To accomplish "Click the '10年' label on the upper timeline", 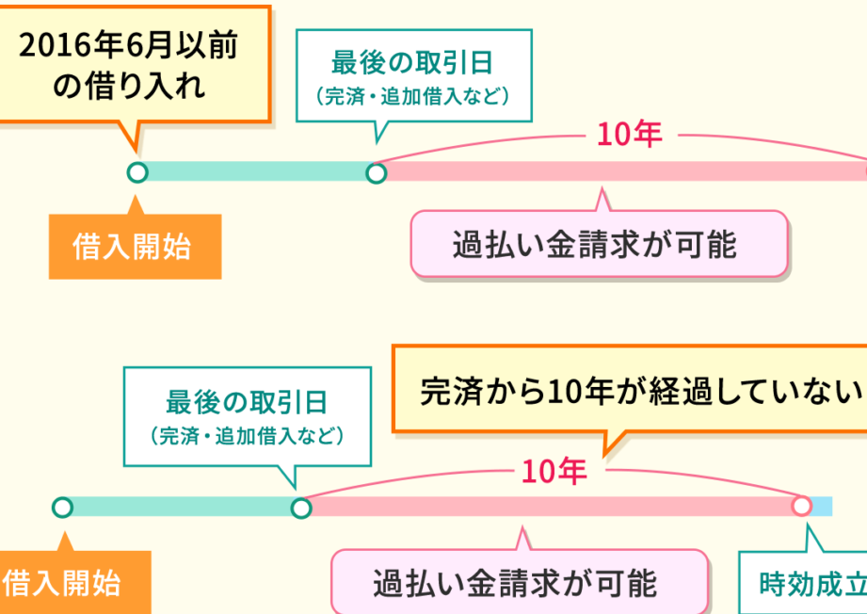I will [x=629, y=135].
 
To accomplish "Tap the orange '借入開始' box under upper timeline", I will [x=135, y=247].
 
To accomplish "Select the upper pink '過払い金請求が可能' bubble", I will [x=598, y=244].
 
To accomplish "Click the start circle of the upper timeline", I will [x=137, y=172].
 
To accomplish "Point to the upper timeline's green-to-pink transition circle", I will [x=377, y=172].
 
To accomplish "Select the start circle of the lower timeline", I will [x=62, y=508].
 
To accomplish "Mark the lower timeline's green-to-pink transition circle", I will [x=301, y=508].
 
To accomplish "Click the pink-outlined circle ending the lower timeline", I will [x=801, y=507].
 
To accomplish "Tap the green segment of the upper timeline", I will [x=256, y=172].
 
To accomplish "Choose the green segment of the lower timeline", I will [x=181, y=508].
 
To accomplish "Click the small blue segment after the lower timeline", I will [x=823, y=507].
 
